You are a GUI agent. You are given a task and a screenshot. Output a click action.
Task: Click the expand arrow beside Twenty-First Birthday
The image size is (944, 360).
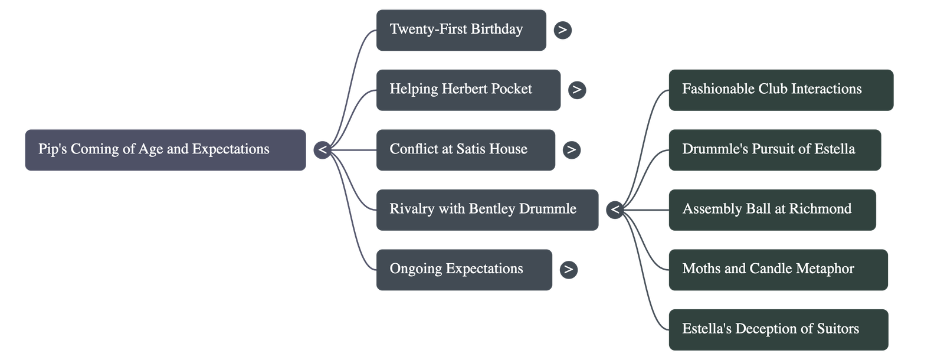pyautogui.click(x=563, y=30)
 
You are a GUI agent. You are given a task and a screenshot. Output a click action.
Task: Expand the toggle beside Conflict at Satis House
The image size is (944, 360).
pyautogui.click(x=571, y=150)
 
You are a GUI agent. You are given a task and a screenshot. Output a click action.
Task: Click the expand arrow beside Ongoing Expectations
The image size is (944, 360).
pyautogui.click(x=568, y=270)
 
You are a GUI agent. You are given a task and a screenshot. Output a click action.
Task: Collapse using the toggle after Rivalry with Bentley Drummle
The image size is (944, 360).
pyautogui.click(x=615, y=210)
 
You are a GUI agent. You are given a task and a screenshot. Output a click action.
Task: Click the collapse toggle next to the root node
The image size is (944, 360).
pyautogui.click(x=322, y=150)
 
